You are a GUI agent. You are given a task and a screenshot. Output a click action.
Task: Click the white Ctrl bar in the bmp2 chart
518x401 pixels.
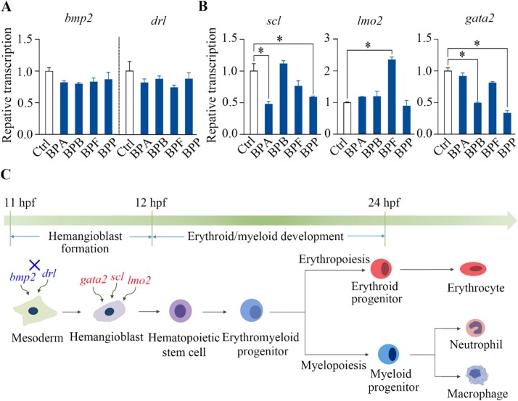[49, 102]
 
